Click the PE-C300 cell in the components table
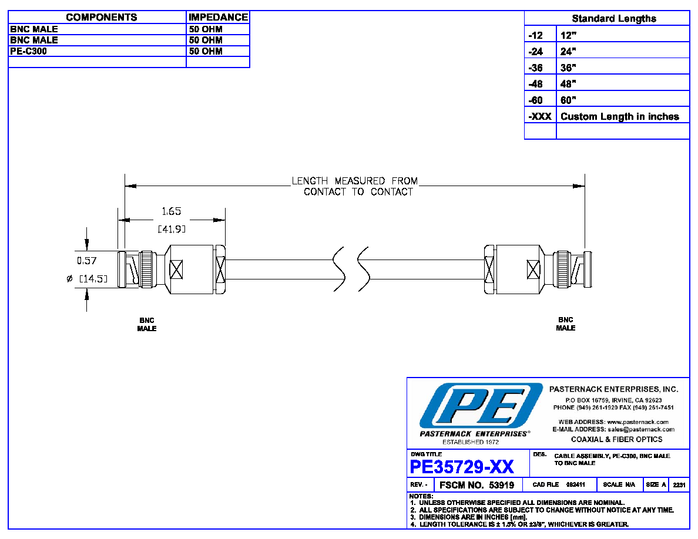28,51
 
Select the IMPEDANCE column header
218,18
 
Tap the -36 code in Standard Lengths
535,68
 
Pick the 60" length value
568,100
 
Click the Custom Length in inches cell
620,116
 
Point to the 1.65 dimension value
172,211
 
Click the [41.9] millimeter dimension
172,229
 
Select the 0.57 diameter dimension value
87,261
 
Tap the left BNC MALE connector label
147,324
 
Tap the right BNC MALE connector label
566,324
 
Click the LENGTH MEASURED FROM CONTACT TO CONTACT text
355,186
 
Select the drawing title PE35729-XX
462,467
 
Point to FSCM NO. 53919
476,485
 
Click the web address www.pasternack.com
638,422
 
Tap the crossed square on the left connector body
176,269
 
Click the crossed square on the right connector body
533,269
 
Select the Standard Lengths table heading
614,19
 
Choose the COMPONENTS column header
102,18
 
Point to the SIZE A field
656,485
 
